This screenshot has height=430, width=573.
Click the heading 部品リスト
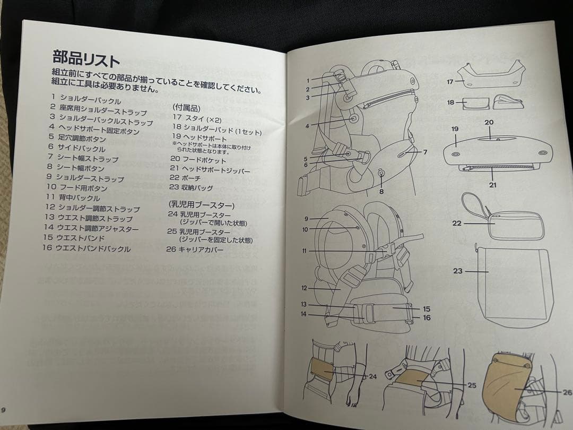click(86, 57)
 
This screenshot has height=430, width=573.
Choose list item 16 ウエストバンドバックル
click(88, 248)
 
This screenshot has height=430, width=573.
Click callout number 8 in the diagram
click(381, 192)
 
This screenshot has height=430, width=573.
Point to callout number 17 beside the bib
click(449, 82)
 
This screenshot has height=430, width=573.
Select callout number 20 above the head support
click(489, 123)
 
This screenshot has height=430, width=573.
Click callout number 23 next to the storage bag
click(457, 271)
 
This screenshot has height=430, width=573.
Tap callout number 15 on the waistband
click(426, 308)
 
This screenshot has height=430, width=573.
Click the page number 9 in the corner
click(4, 409)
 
